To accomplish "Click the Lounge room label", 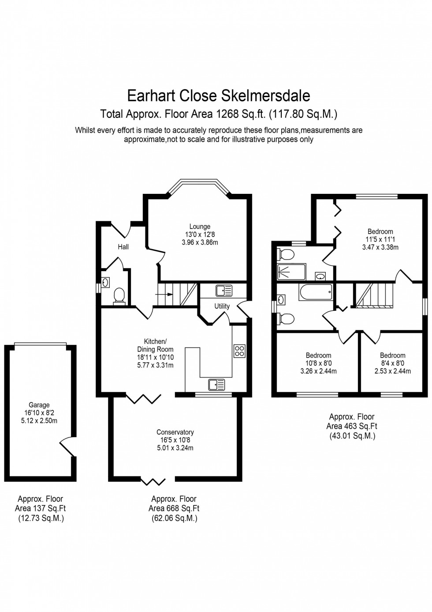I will pos(200,227).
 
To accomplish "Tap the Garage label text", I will pos(39,405).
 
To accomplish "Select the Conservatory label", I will pos(175,432).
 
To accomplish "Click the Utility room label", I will pos(222,306).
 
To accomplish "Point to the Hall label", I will pos(123,247).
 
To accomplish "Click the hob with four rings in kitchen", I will pos(239,351).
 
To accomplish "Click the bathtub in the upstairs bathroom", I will pos(315,292).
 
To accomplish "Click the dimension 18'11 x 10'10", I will pos(155,357).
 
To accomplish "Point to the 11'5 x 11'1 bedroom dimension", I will pos(380,239).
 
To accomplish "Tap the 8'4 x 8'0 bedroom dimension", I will pos(392,363).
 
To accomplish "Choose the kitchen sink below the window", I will pos(217,384).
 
